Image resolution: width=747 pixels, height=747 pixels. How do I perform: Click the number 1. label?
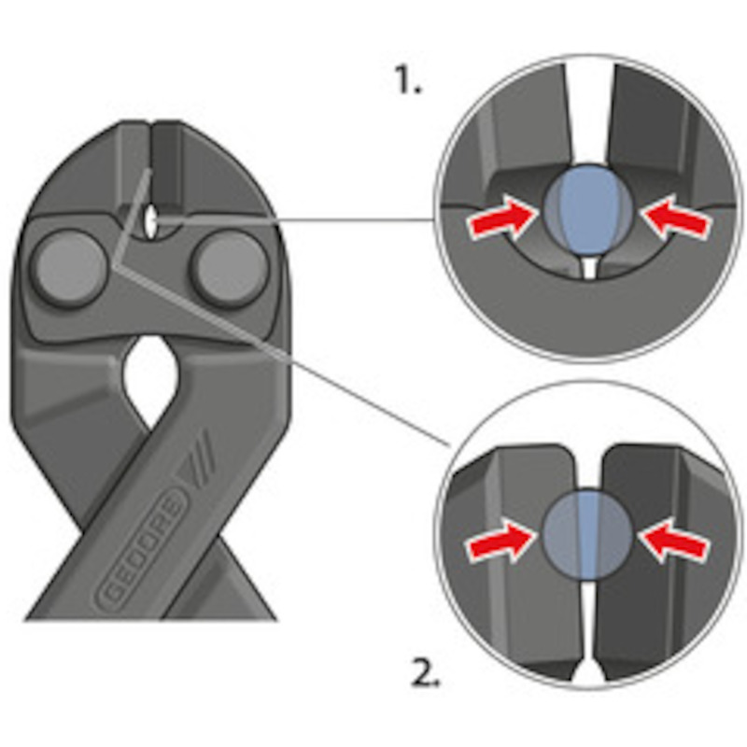(408, 79)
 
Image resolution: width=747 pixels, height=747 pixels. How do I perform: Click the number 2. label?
(426, 672)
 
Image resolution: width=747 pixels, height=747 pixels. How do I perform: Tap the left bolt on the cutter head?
(69, 268)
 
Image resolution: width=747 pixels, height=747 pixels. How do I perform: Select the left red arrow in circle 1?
(501, 218)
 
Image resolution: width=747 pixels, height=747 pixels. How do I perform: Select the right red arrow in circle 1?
(675, 218)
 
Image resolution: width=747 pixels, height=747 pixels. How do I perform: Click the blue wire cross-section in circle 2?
(587, 534)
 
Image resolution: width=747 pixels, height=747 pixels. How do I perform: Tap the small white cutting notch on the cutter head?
(151, 222)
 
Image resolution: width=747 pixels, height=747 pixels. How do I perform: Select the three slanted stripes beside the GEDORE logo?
(200, 455)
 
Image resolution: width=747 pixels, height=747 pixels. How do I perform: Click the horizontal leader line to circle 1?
(295, 220)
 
